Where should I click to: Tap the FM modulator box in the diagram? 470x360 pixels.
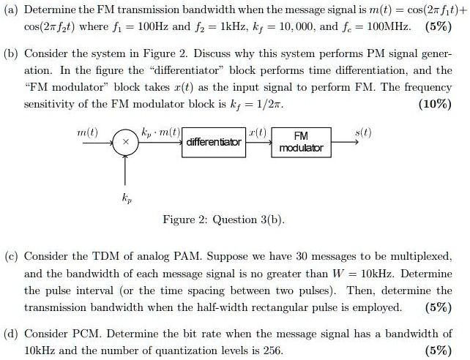(x=301, y=141)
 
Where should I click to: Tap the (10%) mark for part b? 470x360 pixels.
(x=436, y=104)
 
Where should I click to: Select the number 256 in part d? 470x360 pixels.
(x=272, y=350)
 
